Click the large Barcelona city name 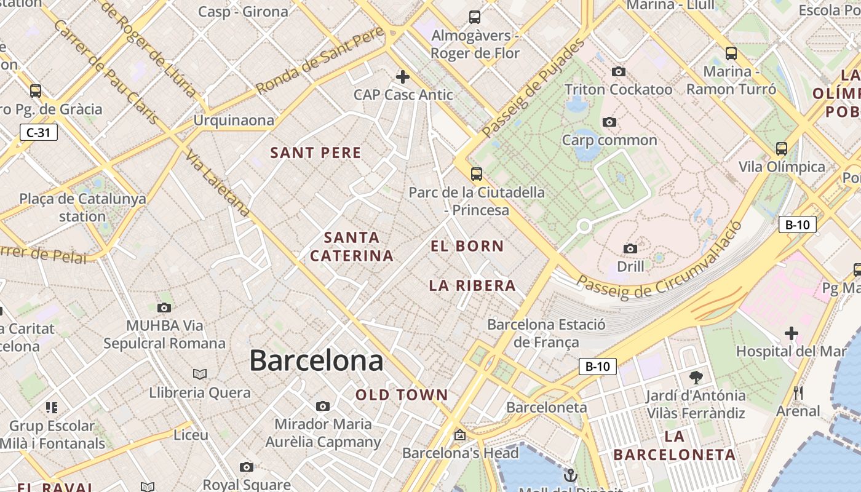316,360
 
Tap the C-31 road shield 38,132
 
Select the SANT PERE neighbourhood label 315,153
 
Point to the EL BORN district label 467,247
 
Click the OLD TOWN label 402,395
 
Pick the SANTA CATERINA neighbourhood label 352,247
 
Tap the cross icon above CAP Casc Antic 403,77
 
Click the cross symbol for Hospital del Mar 791,334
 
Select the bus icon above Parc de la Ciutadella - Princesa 476,174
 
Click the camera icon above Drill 630,248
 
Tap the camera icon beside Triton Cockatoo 619,72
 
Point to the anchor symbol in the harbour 571,475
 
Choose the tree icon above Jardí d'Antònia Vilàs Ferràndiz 696,377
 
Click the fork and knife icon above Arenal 798,392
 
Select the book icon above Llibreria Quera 200,374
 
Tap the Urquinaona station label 234,121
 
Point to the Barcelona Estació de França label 546,333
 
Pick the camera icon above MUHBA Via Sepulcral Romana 164,307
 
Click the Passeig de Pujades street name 533,89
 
